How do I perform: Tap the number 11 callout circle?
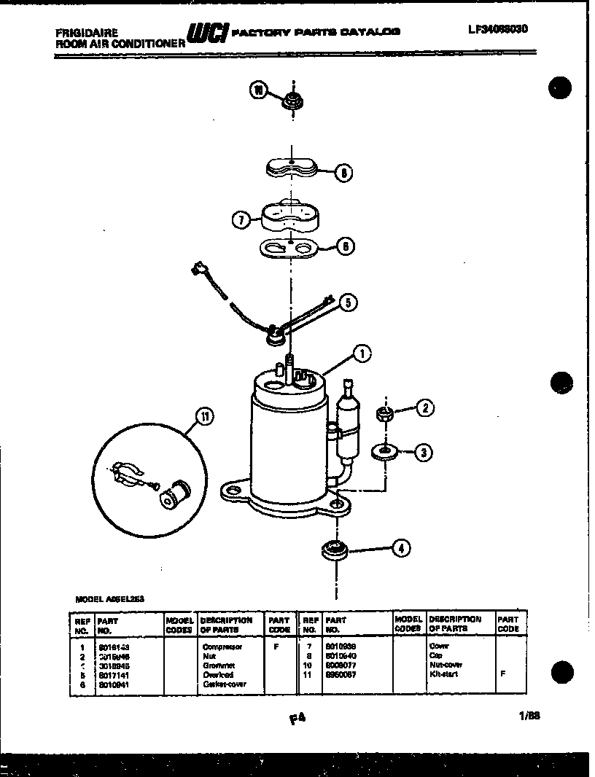click(x=206, y=417)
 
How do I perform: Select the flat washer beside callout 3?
click(x=383, y=452)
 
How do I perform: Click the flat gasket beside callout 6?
click(x=289, y=249)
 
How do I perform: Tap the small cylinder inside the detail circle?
click(x=174, y=496)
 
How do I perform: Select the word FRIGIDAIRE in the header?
click(x=85, y=33)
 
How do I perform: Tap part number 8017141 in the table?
click(x=111, y=674)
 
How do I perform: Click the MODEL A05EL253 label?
click(x=109, y=598)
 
